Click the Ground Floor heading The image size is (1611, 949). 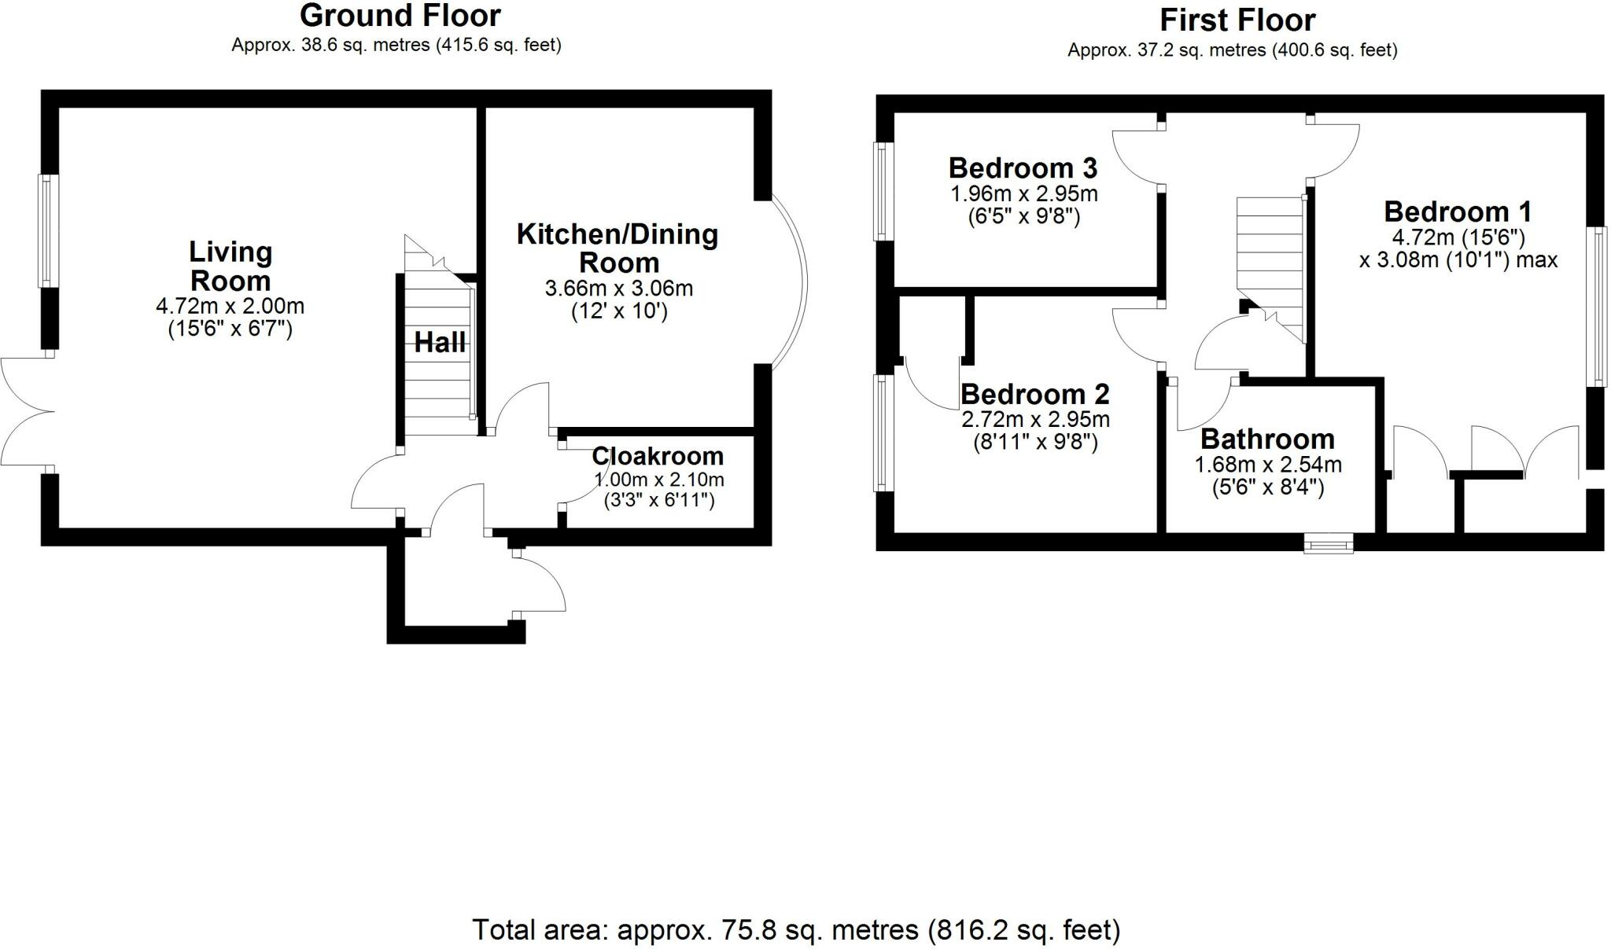400,16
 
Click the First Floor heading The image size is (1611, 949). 1237,20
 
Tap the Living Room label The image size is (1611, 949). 230,266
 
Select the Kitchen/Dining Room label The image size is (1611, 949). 617,248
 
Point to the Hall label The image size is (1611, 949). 440,342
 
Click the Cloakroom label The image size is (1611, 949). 658,456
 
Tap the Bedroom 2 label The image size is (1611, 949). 1035,393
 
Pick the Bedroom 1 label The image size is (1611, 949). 1458,212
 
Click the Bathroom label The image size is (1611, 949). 1267,438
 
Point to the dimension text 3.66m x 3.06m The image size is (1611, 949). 619,289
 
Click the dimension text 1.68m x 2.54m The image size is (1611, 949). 1268,465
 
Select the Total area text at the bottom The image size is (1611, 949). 796,930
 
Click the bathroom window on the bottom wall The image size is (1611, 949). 1329,543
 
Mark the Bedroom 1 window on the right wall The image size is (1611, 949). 1600,306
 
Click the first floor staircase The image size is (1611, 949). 1271,270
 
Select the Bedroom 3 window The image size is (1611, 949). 882,191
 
